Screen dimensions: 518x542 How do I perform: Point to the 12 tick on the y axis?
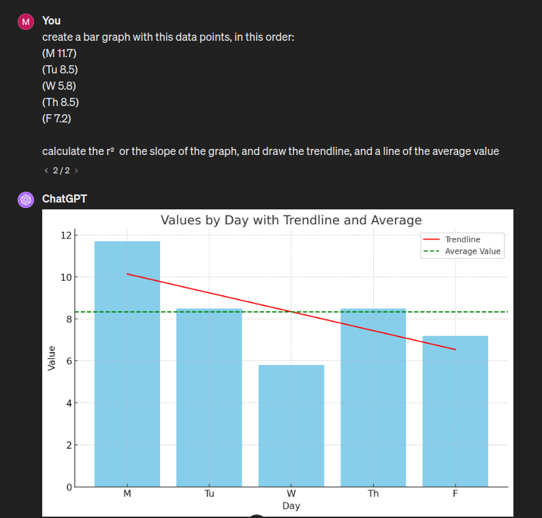tap(65, 235)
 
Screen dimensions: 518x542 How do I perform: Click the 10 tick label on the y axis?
tap(65, 277)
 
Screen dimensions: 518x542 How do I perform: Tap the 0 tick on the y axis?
tap(68, 487)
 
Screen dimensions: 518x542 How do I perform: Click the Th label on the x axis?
tap(373, 494)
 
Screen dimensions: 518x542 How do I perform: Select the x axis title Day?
tap(291, 506)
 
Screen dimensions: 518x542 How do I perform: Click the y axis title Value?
tap(52, 358)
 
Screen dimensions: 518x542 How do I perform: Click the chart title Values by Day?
tap(291, 220)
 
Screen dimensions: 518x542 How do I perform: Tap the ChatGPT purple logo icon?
tap(26, 199)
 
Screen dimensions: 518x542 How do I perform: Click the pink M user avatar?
tap(26, 21)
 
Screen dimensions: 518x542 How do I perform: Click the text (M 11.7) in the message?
tap(59, 53)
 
